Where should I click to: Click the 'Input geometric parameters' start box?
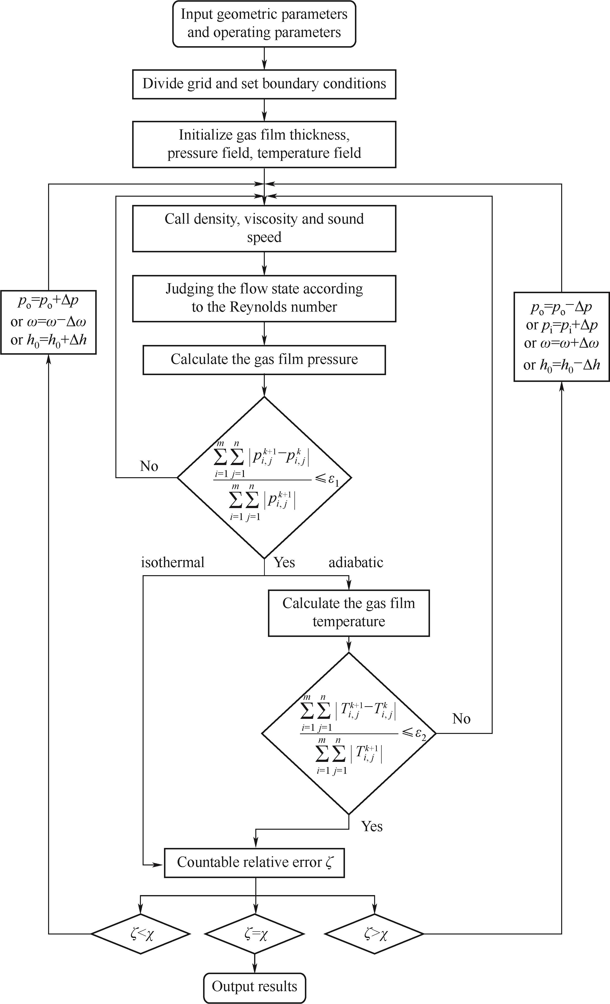coord(264,24)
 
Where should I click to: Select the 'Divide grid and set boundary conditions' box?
coord(264,84)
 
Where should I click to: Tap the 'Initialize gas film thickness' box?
coord(264,144)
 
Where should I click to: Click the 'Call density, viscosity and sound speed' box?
coord(264,228)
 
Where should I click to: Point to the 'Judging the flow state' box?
coord(264,298)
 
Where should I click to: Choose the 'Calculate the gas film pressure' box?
coord(264,359)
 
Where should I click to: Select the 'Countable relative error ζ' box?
coord(254,862)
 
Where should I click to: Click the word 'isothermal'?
coord(173,562)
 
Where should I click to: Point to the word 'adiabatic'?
coord(356,562)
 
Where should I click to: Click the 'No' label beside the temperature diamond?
coord(461,719)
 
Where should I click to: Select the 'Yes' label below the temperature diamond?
coord(372,826)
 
